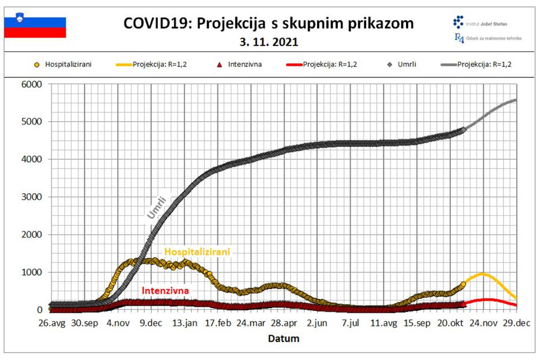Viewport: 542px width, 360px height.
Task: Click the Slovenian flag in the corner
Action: point(35,27)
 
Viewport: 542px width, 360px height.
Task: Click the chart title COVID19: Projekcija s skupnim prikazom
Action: point(269,24)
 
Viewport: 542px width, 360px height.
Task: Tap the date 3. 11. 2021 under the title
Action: point(269,42)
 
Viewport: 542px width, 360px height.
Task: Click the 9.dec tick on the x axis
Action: point(151,324)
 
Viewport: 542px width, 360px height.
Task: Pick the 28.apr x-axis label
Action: point(284,324)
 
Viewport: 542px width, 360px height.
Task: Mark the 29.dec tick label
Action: point(516,324)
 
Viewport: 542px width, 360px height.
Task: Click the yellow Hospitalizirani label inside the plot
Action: point(197,252)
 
